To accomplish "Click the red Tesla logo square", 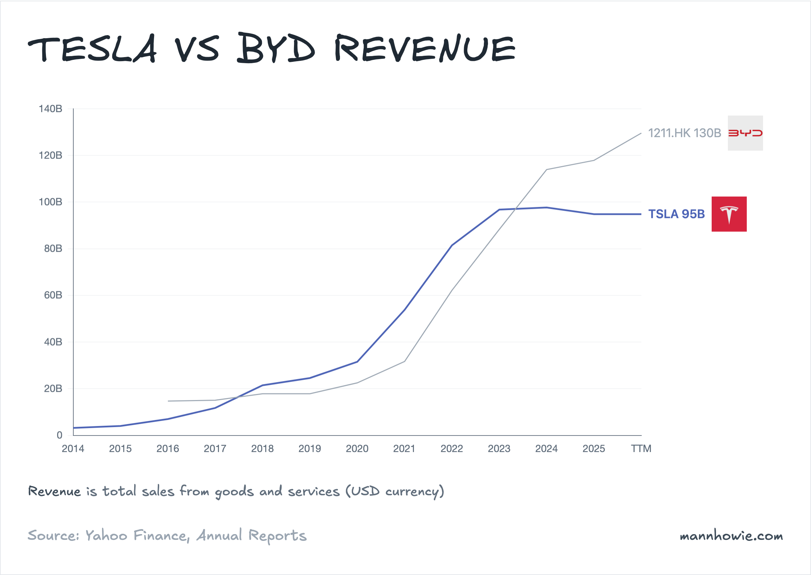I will pos(729,214).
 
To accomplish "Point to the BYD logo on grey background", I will pos(745,133).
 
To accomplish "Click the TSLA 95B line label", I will pos(676,214).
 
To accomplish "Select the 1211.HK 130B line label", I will pos(684,133).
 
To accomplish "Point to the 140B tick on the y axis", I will pos(50,109).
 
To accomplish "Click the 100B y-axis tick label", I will pos(50,202).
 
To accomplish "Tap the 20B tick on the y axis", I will pos(53,389).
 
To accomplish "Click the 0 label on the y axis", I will pos(59,435).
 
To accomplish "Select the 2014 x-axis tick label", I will pos(73,449).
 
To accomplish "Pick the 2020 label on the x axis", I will pos(357,449).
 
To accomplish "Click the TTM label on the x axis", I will pos(641,449).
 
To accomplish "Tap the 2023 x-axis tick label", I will pos(499,449).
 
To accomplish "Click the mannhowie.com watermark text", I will pos(731,536).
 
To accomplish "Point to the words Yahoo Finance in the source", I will pos(136,536).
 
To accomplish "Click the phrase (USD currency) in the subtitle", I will pos(395,492).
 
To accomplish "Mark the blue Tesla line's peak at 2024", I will pos(546,207).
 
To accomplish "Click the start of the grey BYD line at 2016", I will pos(168,401).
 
